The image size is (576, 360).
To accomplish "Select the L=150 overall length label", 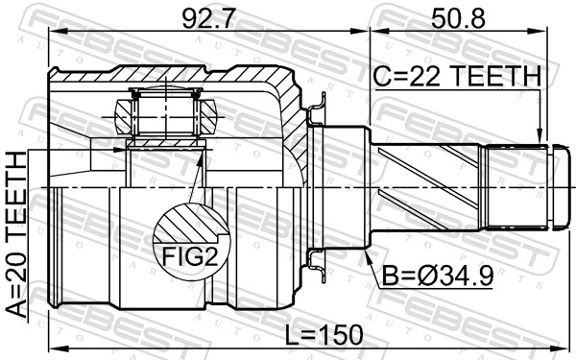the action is (324, 335).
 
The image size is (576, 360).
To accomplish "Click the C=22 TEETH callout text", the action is (457, 76).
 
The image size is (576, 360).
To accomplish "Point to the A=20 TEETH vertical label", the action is (17, 234).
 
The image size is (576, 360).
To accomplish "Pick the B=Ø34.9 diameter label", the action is (438, 276).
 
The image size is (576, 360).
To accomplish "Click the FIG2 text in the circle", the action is (190, 256).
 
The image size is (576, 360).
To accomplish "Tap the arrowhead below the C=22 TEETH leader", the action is (539, 136).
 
